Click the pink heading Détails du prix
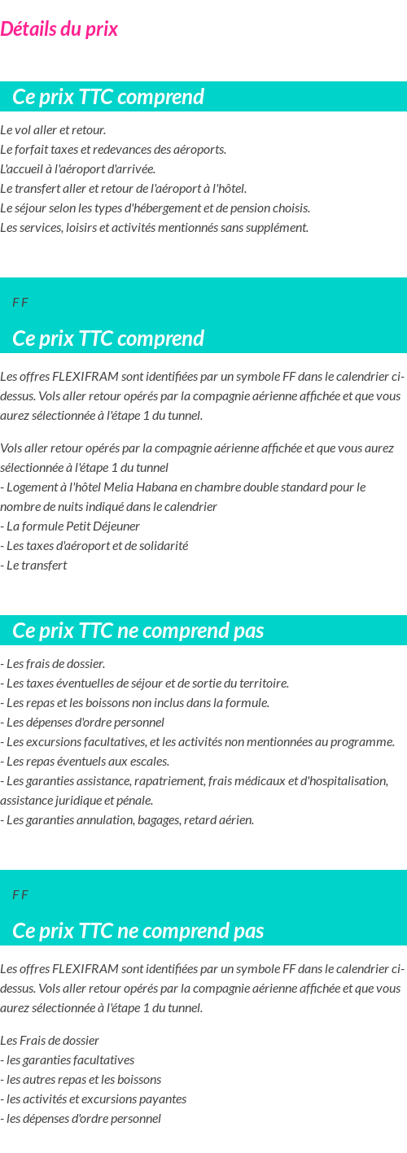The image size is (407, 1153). tap(59, 29)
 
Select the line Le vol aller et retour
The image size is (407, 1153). tap(53, 130)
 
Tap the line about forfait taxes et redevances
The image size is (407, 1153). tap(113, 150)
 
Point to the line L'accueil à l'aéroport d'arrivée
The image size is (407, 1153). tap(77, 169)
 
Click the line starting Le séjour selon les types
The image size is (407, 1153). tap(155, 208)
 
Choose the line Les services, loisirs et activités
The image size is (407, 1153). tap(154, 228)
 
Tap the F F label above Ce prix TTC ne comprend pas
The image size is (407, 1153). tap(20, 895)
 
